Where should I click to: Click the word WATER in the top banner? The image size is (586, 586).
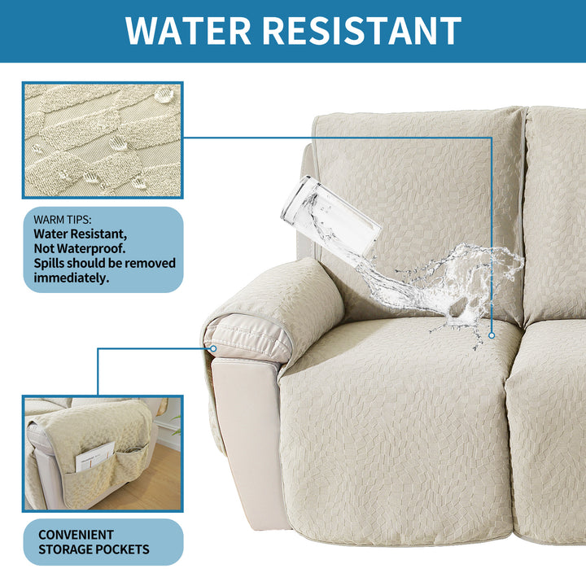[188, 31]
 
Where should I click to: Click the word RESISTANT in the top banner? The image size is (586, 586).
[361, 31]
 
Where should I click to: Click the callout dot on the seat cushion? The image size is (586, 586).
[492, 335]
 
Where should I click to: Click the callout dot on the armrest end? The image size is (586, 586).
[213, 348]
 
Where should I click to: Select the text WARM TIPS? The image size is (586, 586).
[63, 220]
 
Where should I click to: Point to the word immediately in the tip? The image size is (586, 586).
[71, 278]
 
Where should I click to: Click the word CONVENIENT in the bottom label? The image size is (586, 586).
[76, 535]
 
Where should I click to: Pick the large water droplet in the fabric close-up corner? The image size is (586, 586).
[164, 94]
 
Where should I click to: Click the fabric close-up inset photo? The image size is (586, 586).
[103, 140]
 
